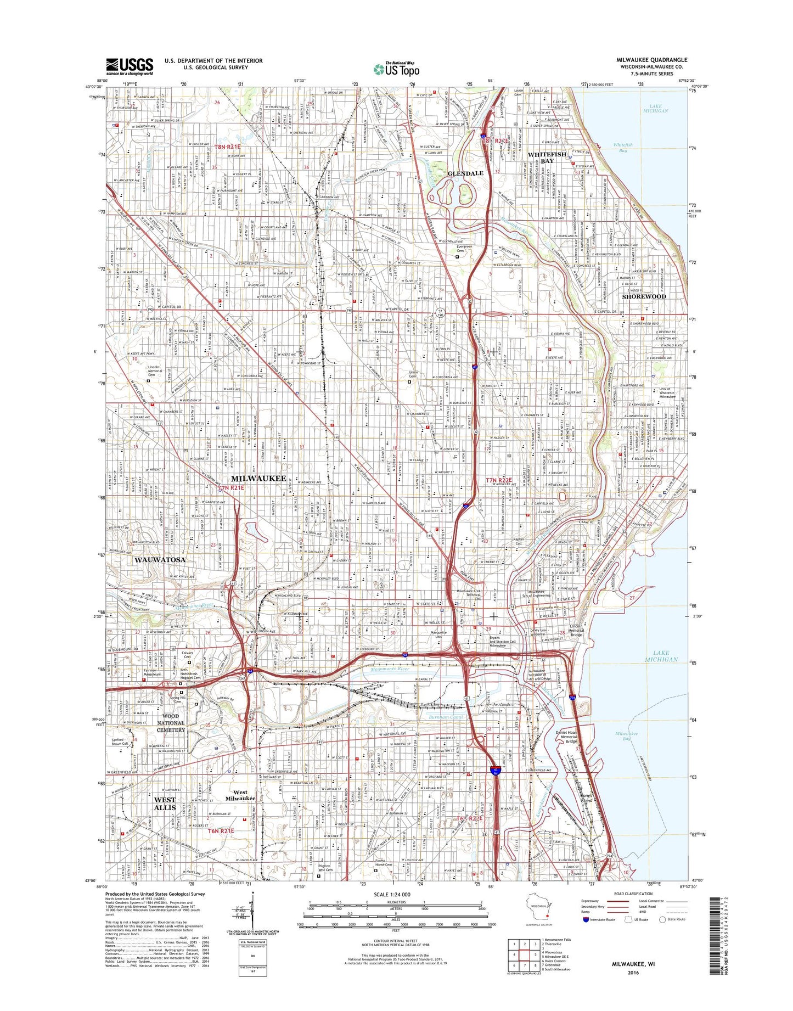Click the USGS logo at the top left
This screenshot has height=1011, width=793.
pyautogui.click(x=130, y=66)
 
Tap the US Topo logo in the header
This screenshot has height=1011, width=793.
pyautogui.click(x=396, y=69)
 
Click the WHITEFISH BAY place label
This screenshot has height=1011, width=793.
pyautogui.click(x=547, y=158)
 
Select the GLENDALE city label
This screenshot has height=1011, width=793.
pyautogui.click(x=465, y=173)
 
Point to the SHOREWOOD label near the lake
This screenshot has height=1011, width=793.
pyautogui.click(x=644, y=296)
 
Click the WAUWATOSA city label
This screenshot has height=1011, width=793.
pyautogui.click(x=160, y=560)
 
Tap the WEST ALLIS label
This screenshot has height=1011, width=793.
pyautogui.click(x=165, y=804)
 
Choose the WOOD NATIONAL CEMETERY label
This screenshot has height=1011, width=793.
pyautogui.click(x=171, y=723)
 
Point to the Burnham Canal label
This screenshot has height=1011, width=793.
pyautogui.click(x=445, y=717)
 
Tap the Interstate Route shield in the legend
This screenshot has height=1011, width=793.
pyautogui.click(x=586, y=919)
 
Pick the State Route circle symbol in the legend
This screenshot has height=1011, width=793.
pyautogui.click(x=662, y=919)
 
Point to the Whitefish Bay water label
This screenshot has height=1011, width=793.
pyautogui.click(x=623, y=148)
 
